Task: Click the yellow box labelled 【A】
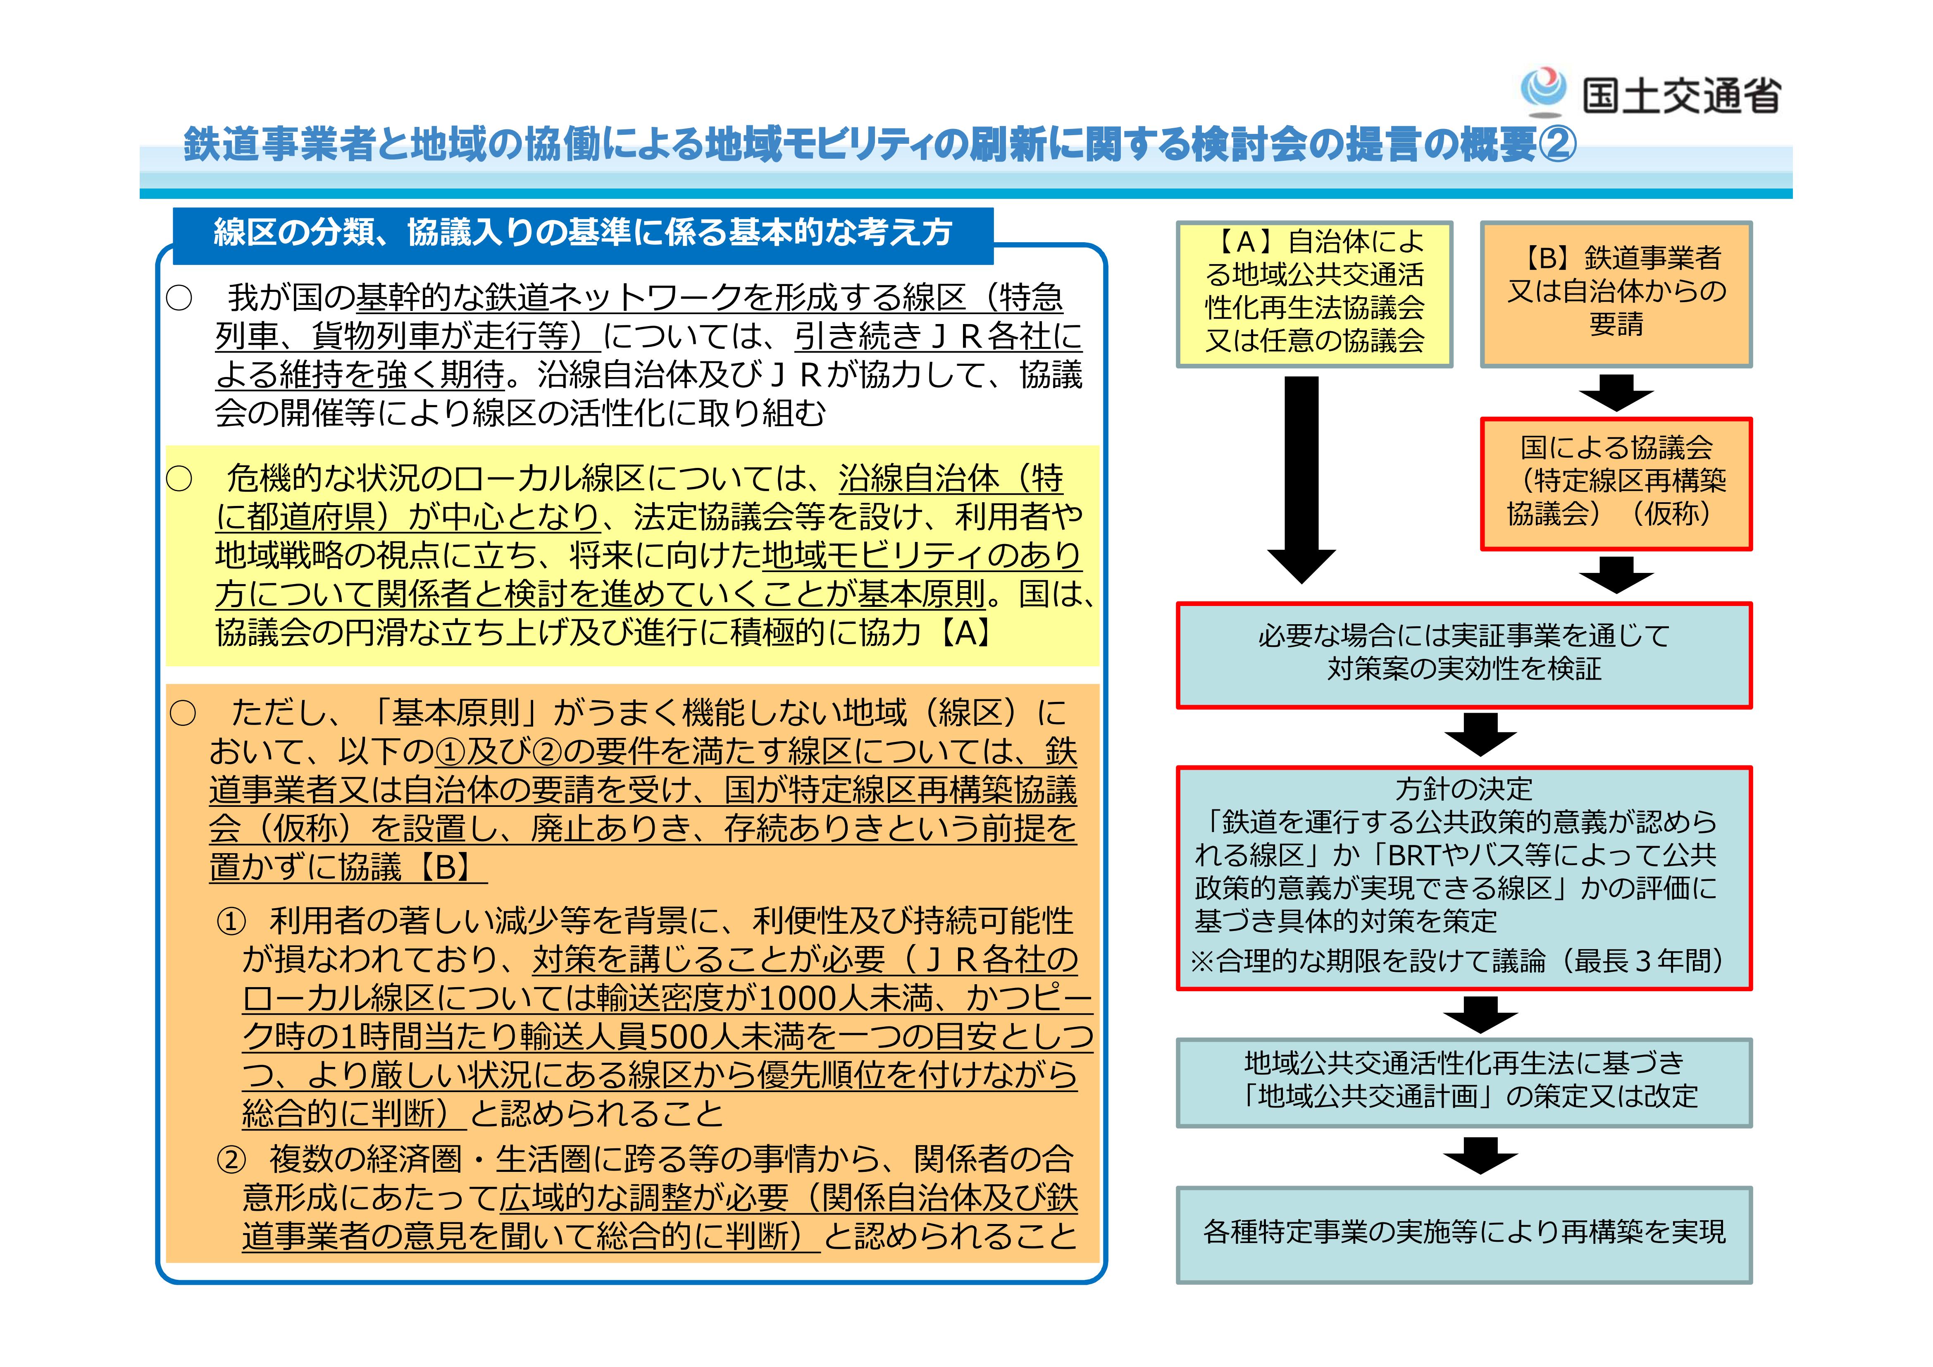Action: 1314,293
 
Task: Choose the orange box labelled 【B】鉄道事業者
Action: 1616,293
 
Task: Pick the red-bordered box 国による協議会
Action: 1616,484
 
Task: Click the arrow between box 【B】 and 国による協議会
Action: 1616,393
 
